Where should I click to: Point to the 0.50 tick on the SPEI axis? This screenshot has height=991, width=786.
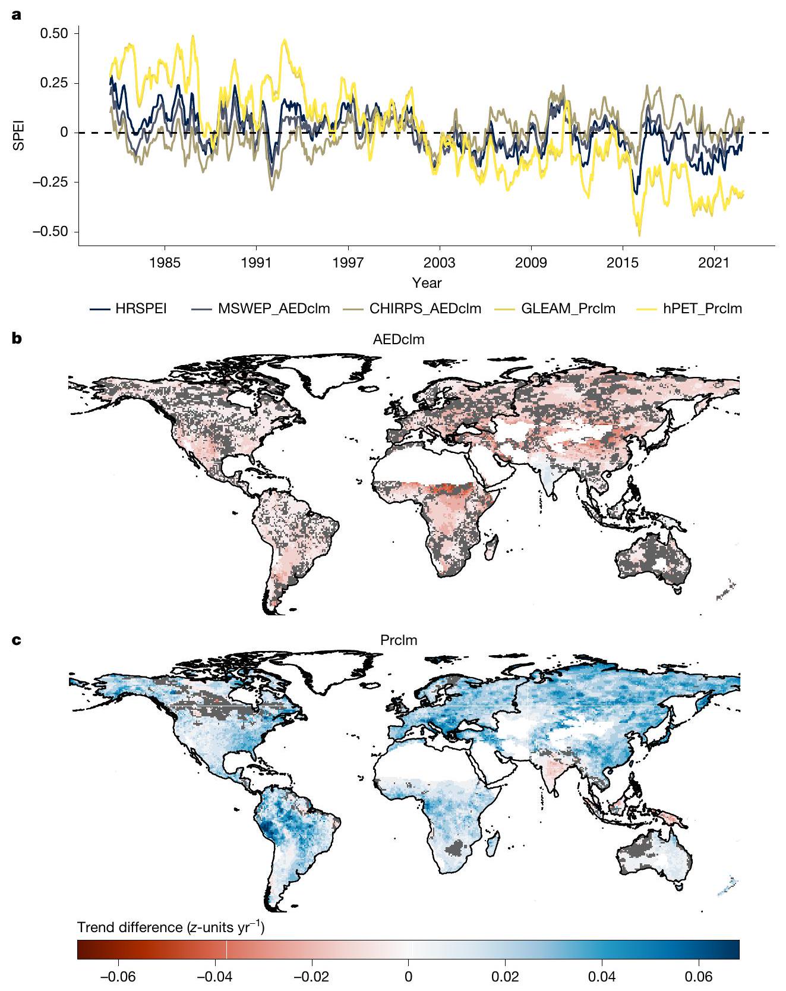[55, 33]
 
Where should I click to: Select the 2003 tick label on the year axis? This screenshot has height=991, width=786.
[439, 263]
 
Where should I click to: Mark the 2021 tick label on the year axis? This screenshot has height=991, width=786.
[714, 263]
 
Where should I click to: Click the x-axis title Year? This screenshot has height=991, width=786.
[427, 283]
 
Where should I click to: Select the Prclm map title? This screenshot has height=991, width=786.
[399, 641]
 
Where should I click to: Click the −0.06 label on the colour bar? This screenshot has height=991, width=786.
[118, 977]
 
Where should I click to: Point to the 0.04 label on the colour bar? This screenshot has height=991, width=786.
[602, 977]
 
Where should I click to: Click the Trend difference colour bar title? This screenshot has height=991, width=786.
[171, 927]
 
